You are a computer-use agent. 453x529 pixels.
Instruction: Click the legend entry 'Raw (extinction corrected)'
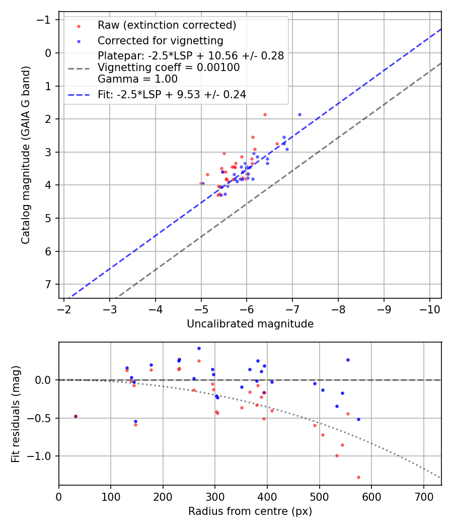[167, 25]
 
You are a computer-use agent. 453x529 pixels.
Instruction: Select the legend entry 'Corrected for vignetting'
[160, 40]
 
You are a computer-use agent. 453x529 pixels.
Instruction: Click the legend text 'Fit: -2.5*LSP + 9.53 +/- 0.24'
[172, 94]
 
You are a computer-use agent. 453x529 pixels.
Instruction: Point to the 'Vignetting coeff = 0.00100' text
[169, 68]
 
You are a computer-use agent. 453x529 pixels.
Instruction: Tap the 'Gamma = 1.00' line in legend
[137, 79]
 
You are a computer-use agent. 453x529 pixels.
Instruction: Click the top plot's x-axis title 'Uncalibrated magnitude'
[250, 324]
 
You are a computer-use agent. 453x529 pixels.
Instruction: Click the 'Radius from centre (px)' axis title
[250, 511]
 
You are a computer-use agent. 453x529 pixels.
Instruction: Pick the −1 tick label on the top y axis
[46, 20]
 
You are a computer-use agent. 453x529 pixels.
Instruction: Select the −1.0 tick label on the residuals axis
[42, 456]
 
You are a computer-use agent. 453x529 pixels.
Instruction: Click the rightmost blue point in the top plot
[299, 114]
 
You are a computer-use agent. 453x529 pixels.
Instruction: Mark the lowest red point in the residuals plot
[358, 477]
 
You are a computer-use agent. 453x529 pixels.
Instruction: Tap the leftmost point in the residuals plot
[75, 416]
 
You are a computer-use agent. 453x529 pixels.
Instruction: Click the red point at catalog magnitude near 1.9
[265, 114]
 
